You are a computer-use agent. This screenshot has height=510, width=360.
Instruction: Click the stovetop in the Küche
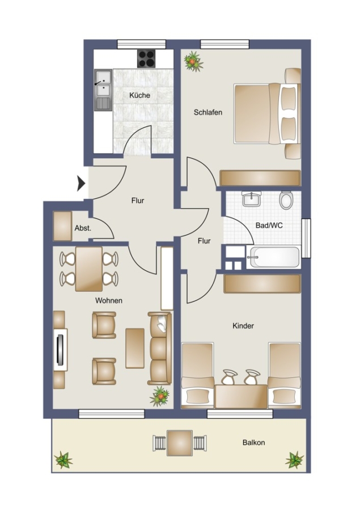(x=146, y=58)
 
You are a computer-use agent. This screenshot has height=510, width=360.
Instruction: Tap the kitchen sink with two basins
(x=103, y=90)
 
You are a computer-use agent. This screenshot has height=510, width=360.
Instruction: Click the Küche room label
(x=139, y=95)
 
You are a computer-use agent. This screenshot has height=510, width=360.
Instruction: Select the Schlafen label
(x=208, y=113)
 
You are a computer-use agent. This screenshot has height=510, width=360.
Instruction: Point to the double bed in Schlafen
(x=267, y=113)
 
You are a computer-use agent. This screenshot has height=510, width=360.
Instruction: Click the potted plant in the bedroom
(x=193, y=61)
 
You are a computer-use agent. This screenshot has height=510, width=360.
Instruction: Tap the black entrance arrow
(x=81, y=184)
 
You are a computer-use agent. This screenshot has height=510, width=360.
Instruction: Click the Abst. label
(x=83, y=228)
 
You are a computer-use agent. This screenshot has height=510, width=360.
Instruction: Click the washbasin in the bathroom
(x=252, y=199)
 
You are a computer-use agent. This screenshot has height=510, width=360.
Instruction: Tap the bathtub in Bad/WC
(x=273, y=257)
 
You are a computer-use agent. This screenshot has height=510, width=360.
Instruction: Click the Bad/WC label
(x=269, y=226)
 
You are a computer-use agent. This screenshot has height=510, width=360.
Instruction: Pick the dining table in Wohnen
(x=89, y=269)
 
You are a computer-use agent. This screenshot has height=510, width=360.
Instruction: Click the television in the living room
(x=61, y=350)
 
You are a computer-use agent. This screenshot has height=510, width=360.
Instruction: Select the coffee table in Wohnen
(x=135, y=348)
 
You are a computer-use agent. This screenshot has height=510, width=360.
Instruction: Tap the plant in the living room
(x=160, y=396)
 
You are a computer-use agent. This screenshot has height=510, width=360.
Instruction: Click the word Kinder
(x=243, y=326)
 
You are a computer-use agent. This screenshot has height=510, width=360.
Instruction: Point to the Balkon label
(x=253, y=443)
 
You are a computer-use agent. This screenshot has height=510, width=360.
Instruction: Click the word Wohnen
(x=109, y=301)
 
